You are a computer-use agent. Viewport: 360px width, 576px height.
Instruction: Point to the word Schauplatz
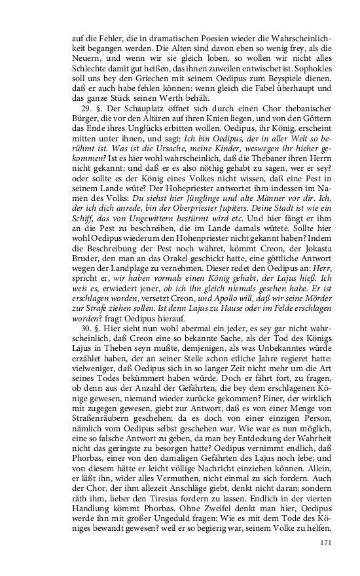click(x=128, y=106)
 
